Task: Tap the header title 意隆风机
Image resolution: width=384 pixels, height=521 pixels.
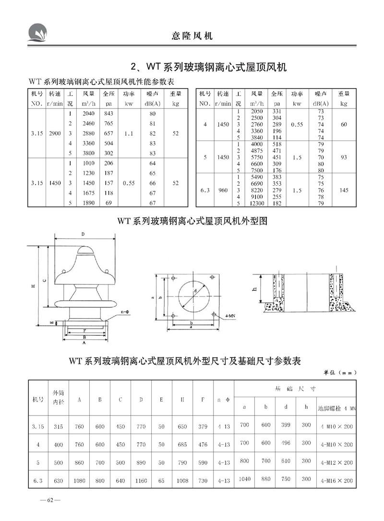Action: point(192,36)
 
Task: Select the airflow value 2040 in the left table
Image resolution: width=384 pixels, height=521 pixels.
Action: point(89,114)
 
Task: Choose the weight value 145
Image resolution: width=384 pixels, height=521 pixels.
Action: point(344,190)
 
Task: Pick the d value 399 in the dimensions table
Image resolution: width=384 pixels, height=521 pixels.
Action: point(286,425)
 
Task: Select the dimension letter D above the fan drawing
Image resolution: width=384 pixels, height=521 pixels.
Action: point(83,234)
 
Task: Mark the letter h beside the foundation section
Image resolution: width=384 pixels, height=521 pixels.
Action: point(255,288)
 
